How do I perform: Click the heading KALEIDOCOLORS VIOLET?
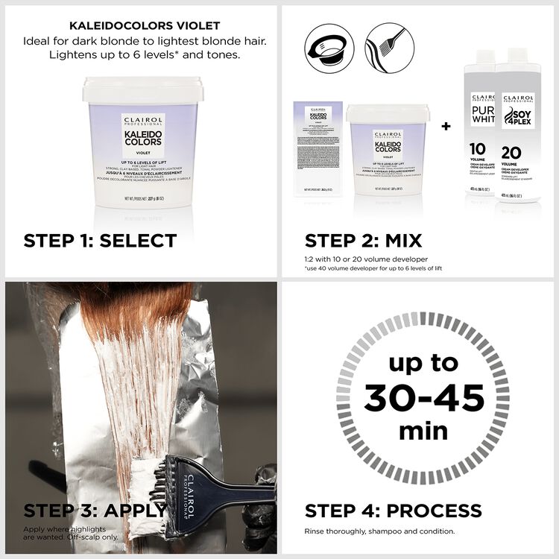click(x=139, y=25)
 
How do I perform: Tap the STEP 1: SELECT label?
click(x=100, y=240)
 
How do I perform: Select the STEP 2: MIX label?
click(x=363, y=240)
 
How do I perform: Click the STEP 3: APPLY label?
click(x=95, y=511)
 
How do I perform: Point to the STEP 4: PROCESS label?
click(x=393, y=511)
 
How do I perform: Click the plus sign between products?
click(x=446, y=127)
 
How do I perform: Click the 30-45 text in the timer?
click(x=423, y=398)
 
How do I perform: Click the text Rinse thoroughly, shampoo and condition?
click(x=379, y=531)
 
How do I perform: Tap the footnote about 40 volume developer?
click(x=373, y=268)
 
